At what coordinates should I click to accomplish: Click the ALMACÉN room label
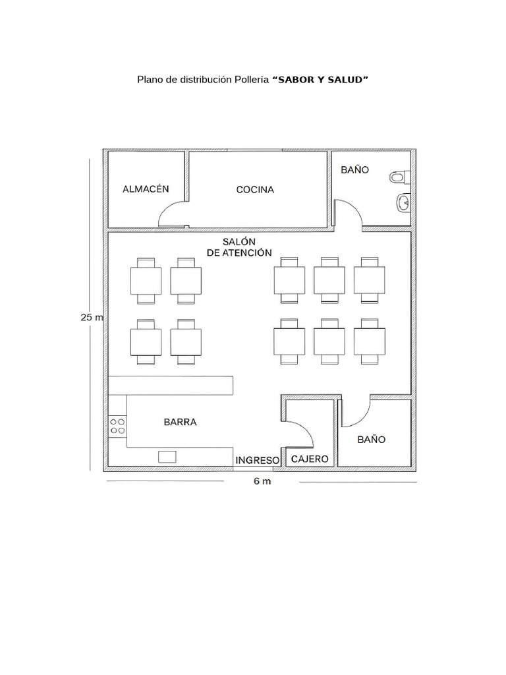pyautogui.click(x=146, y=189)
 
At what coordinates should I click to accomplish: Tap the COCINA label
pyautogui.click(x=255, y=189)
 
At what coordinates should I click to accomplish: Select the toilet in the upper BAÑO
pyautogui.click(x=400, y=177)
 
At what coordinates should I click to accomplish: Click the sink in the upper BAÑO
pyautogui.click(x=403, y=202)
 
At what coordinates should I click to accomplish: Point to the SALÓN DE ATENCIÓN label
pyautogui.click(x=239, y=247)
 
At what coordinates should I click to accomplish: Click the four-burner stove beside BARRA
pyautogui.click(x=117, y=426)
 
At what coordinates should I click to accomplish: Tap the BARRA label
pyautogui.click(x=181, y=422)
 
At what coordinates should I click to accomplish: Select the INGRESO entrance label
pyautogui.click(x=258, y=460)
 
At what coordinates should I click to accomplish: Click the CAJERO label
pyautogui.click(x=310, y=459)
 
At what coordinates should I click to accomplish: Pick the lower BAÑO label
pyautogui.click(x=372, y=440)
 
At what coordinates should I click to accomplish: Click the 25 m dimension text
pyautogui.click(x=92, y=317)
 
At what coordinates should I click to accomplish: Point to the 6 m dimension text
pyautogui.click(x=262, y=481)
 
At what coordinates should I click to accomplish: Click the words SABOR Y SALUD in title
pyautogui.click(x=321, y=80)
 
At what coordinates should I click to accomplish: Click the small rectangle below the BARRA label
pyautogui.click(x=167, y=457)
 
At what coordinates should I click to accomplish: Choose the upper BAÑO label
pyautogui.click(x=355, y=169)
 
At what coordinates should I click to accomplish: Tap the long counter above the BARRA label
pyautogui.click(x=171, y=385)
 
